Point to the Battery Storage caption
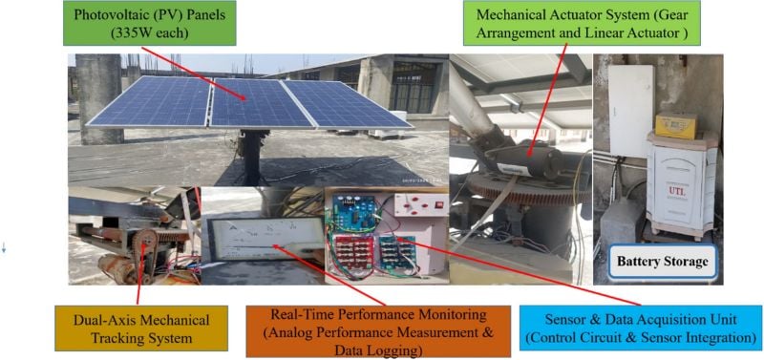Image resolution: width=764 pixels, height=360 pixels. (x=663, y=261)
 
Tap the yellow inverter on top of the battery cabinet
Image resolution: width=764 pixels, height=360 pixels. (x=676, y=123)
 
